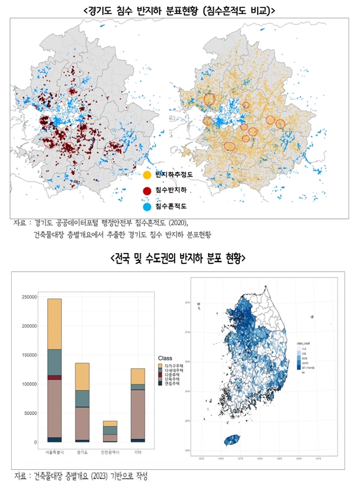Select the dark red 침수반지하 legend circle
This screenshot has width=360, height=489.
148,191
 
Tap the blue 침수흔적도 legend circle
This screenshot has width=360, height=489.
148,207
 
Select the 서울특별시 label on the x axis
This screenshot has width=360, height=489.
54,453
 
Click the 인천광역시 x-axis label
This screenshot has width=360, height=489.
110,453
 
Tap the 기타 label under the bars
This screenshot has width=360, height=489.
138,453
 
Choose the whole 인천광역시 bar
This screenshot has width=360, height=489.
110,431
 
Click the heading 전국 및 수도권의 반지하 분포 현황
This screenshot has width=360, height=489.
178,259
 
